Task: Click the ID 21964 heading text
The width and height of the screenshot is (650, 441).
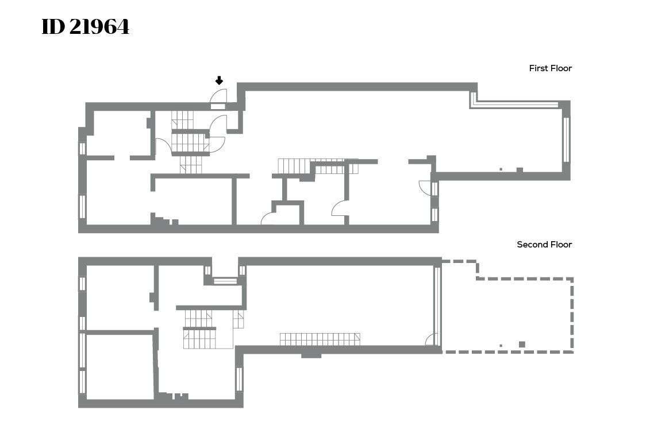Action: tap(86, 27)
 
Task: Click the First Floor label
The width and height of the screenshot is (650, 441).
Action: tap(550, 68)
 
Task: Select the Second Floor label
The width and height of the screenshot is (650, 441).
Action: tap(544, 245)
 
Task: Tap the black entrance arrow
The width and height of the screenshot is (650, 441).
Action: tap(220, 80)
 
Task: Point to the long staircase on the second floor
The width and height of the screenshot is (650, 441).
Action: tap(320, 339)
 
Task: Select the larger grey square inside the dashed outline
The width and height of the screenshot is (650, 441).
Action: tap(522, 344)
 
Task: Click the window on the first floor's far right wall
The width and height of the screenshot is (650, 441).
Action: tap(566, 140)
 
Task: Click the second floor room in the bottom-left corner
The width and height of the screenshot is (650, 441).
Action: tap(120, 367)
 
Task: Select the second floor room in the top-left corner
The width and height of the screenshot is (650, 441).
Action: tap(120, 297)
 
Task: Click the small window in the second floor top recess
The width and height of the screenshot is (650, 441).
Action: tap(224, 281)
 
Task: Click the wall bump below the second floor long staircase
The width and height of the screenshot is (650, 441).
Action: tap(311, 355)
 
